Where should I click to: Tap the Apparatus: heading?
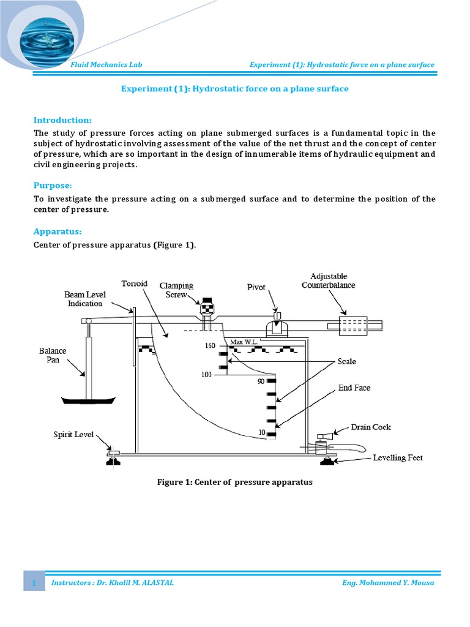point(58,232)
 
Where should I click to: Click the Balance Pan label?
point(53,355)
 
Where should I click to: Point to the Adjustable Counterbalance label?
point(333,280)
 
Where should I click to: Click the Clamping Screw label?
point(176,290)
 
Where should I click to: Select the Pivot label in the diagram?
point(256,286)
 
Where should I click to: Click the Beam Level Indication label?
point(85,299)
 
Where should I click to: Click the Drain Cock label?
point(371,427)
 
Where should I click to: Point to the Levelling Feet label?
point(398,457)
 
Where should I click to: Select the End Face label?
point(354,388)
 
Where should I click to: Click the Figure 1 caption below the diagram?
point(235,482)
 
